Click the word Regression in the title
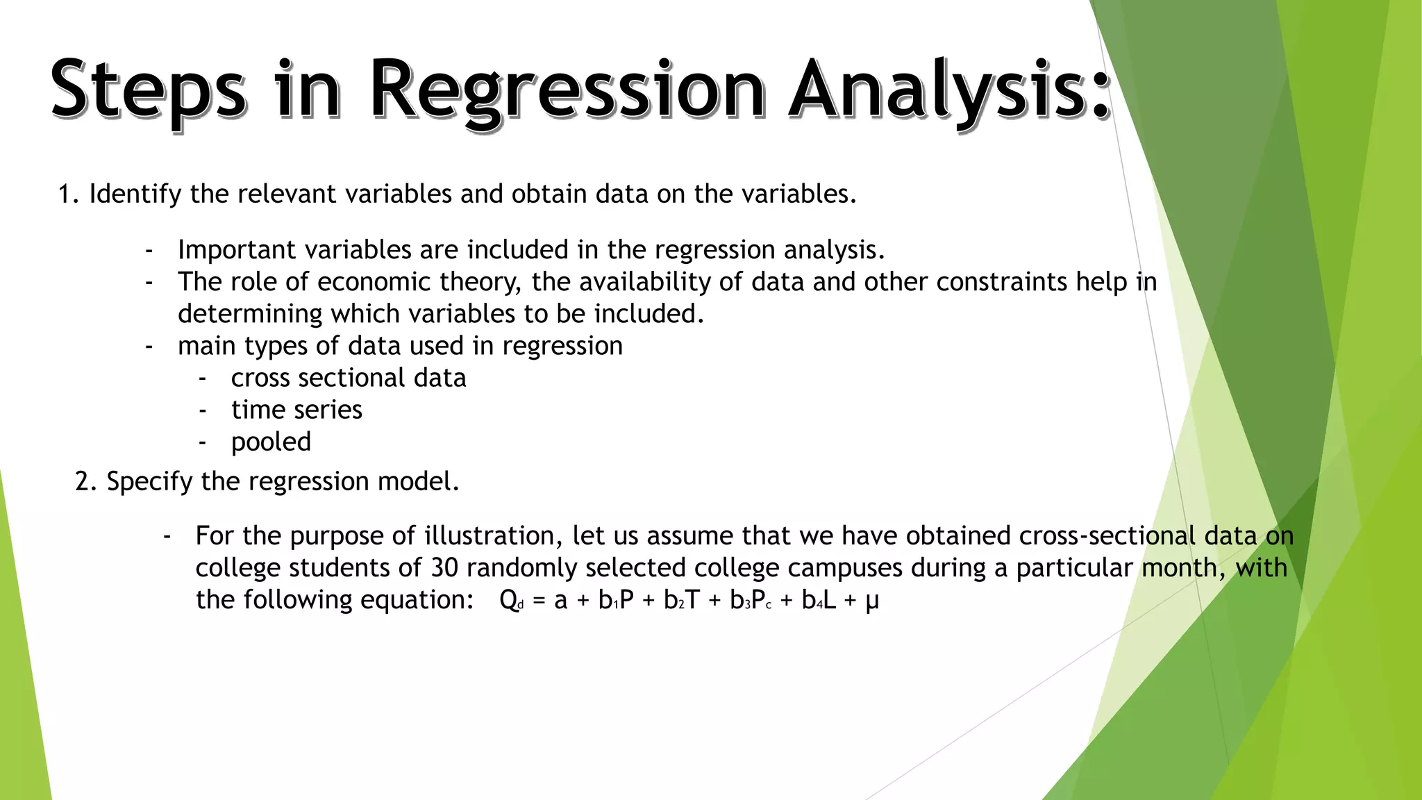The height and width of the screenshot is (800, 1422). click(x=566, y=92)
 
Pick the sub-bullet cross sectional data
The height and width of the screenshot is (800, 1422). click(x=349, y=378)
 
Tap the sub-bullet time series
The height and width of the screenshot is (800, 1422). click(x=296, y=410)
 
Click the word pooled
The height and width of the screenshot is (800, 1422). click(x=271, y=442)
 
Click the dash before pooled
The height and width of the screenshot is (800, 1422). click(x=202, y=442)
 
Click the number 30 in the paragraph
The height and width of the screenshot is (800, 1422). click(x=444, y=568)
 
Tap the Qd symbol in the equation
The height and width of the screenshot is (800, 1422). click(x=511, y=601)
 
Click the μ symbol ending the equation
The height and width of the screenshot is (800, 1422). click(x=872, y=601)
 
